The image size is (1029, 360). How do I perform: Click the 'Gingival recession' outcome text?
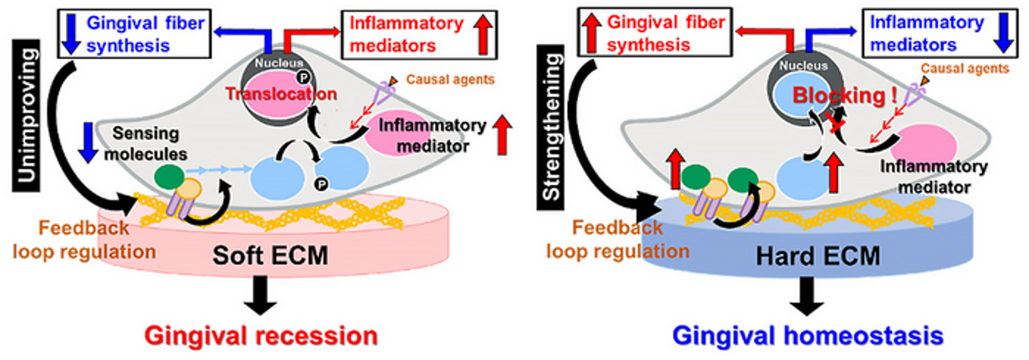(x=260, y=336)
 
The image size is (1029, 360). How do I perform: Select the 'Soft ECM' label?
(x=270, y=255)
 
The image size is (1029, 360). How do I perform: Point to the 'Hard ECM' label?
(x=817, y=256)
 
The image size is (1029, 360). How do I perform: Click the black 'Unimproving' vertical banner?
(x=26, y=115)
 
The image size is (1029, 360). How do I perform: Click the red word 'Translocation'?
(x=281, y=94)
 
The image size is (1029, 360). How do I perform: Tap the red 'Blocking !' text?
(x=844, y=96)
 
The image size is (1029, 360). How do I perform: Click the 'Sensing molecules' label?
(x=146, y=143)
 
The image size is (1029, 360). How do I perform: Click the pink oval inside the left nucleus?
(x=270, y=93)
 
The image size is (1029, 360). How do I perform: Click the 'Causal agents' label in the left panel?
(x=450, y=80)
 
